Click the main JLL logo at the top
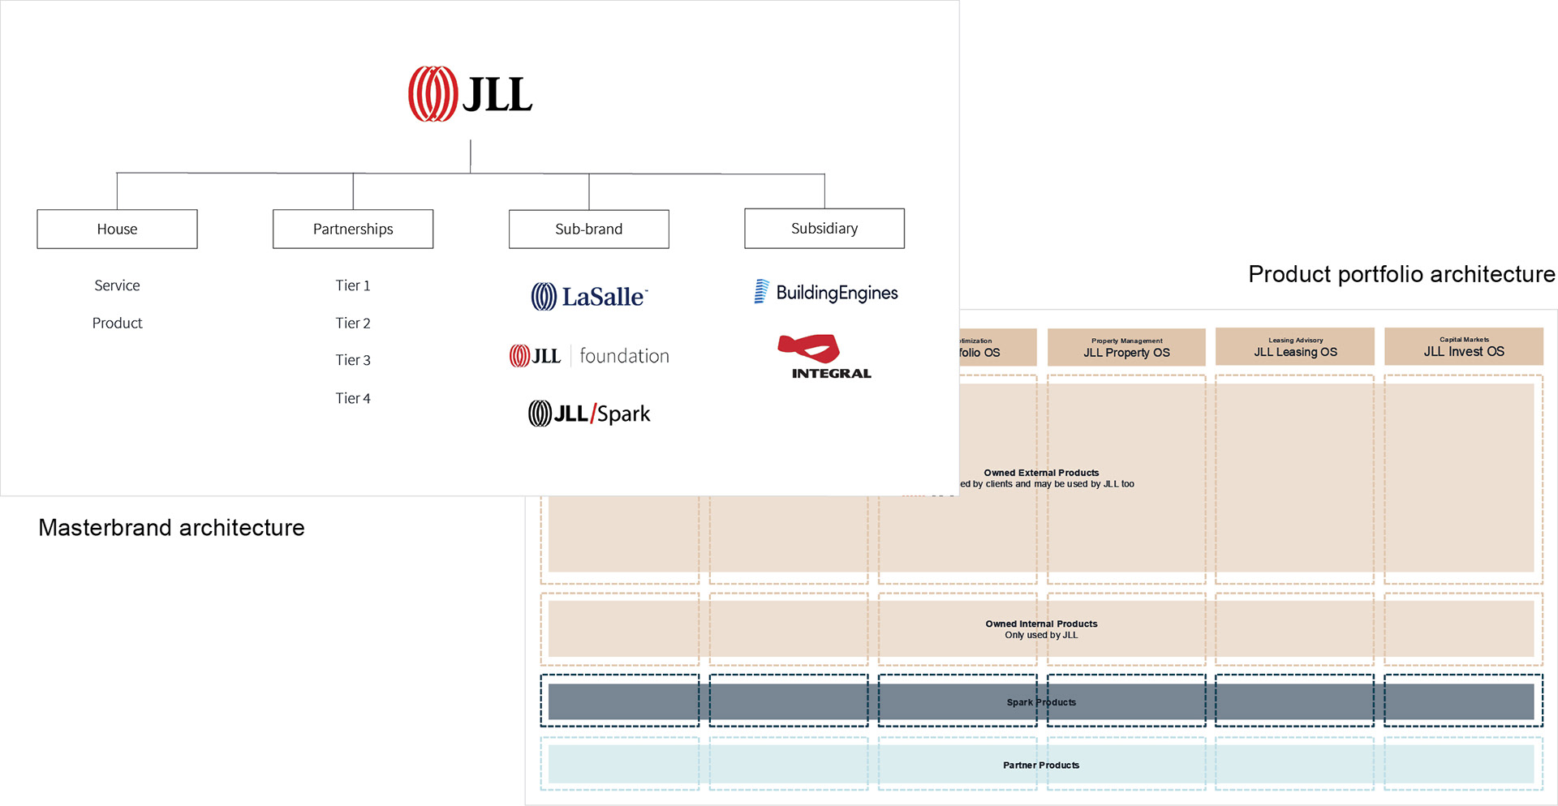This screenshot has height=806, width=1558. (x=470, y=94)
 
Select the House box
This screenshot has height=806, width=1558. (x=117, y=229)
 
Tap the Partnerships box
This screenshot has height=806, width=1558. (x=353, y=229)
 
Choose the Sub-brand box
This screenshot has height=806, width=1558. (x=588, y=229)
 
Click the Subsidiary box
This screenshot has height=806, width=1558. (x=824, y=228)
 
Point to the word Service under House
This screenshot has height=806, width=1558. (x=117, y=285)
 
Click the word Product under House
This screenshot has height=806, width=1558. (x=117, y=323)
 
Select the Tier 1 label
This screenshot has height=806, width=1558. (x=353, y=285)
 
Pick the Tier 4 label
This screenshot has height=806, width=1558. (x=353, y=398)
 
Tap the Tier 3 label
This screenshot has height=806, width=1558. (x=353, y=360)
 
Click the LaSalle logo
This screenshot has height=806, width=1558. (x=589, y=297)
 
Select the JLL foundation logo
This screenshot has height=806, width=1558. (x=589, y=356)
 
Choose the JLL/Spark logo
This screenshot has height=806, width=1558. (x=589, y=414)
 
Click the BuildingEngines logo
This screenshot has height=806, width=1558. (x=825, y=292)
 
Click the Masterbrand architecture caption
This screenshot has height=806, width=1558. (x=171, y=528)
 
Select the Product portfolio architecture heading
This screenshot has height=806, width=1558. (x=1401, y=274)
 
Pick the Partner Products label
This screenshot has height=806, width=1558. (x=1041, y=765)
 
